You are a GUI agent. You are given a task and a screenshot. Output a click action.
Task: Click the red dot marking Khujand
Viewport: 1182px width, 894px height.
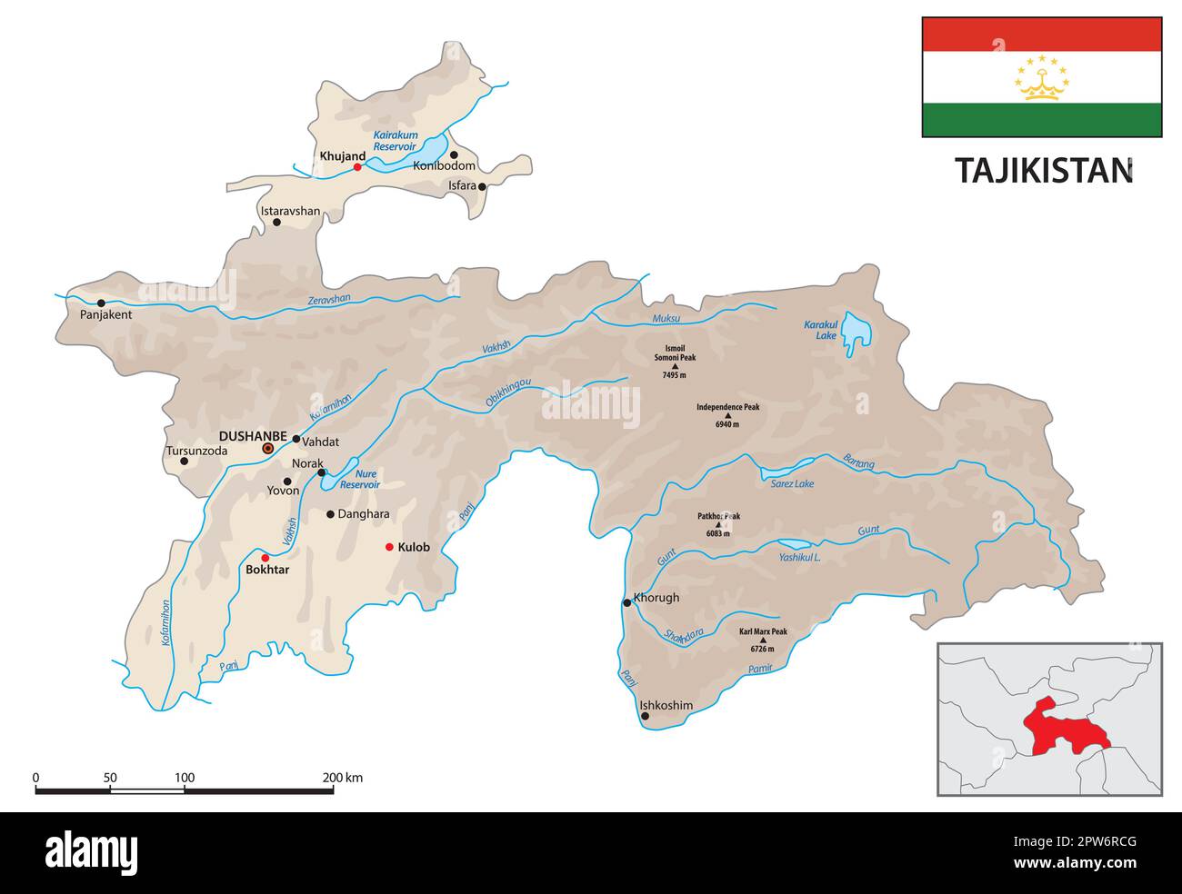[x=357, y=167]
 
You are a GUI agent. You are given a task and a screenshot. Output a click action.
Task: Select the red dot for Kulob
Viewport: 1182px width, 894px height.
[x=389, y=547]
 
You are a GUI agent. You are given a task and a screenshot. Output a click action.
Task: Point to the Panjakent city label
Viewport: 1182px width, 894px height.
[x=106, y=315]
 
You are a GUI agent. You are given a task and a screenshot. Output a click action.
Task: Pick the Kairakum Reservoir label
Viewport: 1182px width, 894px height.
[x=395, y=140]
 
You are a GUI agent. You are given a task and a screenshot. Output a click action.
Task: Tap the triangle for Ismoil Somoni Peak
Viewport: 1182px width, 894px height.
[x=675, y=366]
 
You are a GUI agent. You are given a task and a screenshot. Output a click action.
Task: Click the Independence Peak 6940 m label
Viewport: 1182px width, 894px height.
[x=727, y=407]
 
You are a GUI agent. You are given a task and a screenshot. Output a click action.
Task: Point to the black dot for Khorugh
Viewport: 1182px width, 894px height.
[x=626, y=602]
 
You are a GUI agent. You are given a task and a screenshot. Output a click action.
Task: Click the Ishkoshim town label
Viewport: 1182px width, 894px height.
[x=666, y=705]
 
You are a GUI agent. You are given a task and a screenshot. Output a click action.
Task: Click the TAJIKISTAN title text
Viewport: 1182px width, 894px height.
[x=1043, y=170]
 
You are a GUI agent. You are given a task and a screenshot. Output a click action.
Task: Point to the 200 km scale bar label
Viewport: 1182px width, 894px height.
[x=342, y=778]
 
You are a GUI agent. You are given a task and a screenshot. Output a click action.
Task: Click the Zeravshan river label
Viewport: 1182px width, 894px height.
[x=328, y=299]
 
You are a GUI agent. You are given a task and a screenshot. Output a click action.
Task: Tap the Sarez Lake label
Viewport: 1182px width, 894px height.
[x=792, y=484]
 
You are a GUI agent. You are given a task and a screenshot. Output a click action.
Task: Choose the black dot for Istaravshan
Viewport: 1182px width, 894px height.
[x=277, y=223]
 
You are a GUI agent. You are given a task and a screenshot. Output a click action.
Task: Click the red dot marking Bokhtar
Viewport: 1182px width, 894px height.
[x=265, y=558]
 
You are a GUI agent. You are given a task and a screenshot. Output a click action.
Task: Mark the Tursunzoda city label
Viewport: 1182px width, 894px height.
[x=195, y=451]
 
